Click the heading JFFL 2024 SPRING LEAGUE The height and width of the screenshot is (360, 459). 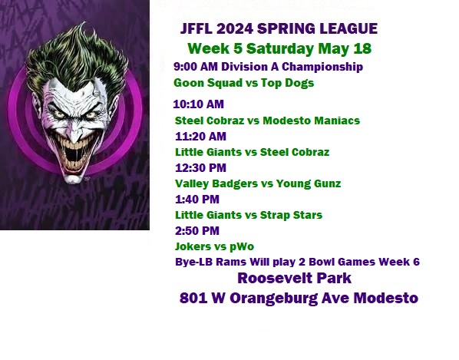point(279,28)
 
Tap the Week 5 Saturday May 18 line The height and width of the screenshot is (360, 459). point(279,48)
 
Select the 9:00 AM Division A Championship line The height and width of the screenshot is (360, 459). point(268,67)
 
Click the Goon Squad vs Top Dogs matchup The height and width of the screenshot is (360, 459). point(243,83)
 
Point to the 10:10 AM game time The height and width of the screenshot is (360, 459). point(199,104)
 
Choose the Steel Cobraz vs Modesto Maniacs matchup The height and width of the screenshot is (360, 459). point(267,121)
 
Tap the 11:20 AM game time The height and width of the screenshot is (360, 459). point(200,137)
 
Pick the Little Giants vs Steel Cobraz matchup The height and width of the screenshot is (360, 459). point(252,152)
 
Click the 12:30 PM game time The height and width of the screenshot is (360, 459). point(200,168)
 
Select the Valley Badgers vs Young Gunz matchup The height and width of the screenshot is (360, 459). point(258,183)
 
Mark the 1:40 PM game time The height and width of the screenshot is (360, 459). point(197,200)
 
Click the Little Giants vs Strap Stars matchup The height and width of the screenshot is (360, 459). point(249,215)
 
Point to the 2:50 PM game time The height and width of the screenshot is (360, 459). point(197,230)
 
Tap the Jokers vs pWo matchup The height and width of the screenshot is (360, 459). point(214,246)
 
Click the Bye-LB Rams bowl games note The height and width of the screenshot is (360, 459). point(297,262)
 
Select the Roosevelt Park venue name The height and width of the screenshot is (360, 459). point(294,278)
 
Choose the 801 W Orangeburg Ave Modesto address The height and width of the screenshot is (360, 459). point(299,299)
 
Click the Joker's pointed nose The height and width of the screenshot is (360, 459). point(75,134)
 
